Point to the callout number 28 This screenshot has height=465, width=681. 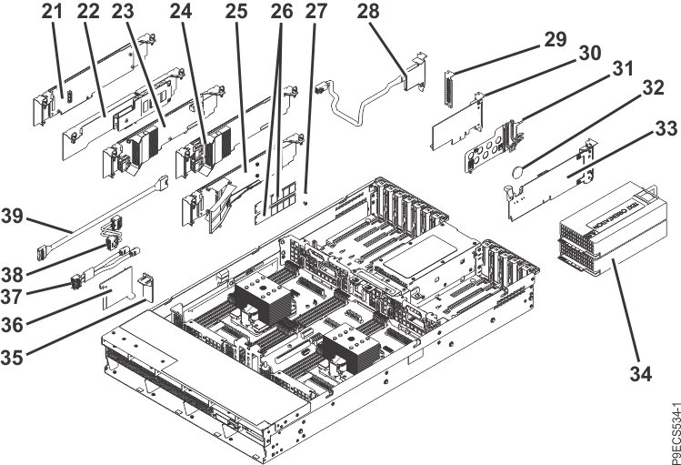(x=367, y=14)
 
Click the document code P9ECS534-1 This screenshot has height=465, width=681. (x=670, y=423)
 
